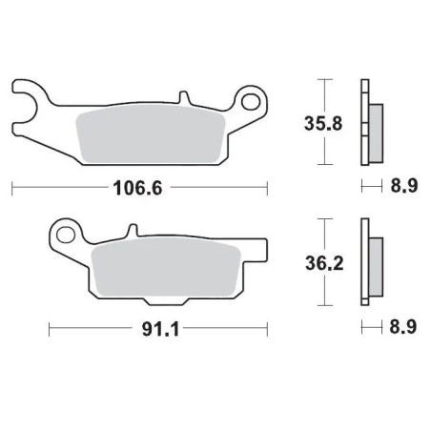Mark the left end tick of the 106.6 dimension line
12,188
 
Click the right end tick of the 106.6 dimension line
267,188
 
